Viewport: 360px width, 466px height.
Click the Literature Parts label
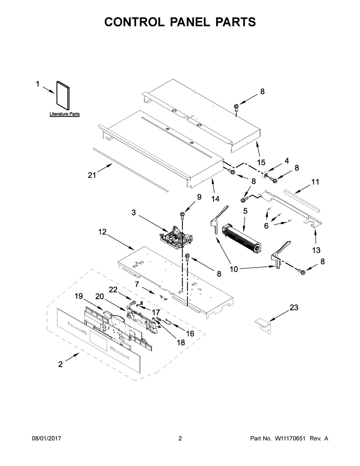64,114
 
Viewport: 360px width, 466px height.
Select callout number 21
92,175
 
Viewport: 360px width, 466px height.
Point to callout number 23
294,308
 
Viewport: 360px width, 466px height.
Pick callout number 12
103,232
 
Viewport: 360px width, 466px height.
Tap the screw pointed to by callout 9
183,215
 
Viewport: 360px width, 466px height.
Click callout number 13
316,250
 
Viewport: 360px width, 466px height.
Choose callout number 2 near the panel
60,364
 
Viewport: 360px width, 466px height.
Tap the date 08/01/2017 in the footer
46,439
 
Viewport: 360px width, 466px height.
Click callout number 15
261,162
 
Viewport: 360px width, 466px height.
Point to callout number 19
79,296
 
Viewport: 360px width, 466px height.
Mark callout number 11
315,182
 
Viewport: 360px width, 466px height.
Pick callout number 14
215,198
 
